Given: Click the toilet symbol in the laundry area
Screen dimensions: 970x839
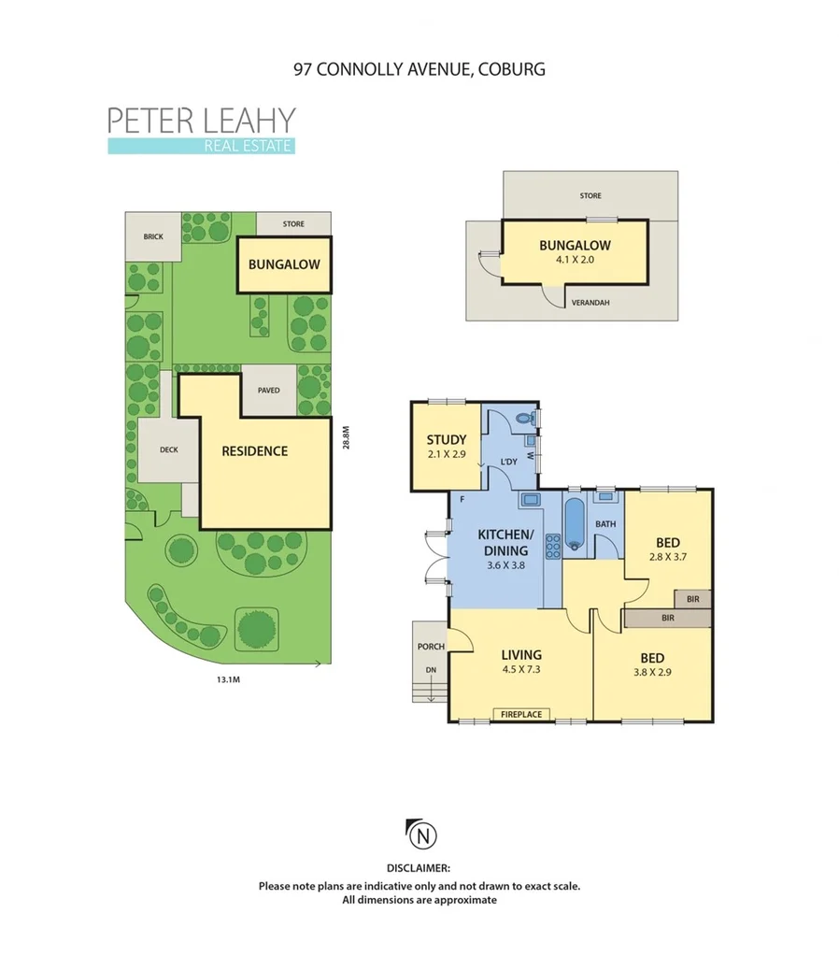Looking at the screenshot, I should pos(533,420).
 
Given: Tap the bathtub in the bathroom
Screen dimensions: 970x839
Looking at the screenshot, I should pos(575,526).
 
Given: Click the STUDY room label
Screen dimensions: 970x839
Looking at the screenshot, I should pos(447,441).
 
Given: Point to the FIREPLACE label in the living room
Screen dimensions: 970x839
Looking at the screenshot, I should pos(519,715).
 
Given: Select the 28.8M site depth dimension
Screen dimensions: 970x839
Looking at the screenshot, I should pos(345,437).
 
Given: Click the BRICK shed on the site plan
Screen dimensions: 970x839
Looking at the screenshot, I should pos(153,236).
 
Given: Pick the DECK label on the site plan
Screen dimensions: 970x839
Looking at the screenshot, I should pos(168,449).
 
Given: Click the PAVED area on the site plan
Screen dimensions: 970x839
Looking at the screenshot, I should pos(269,391).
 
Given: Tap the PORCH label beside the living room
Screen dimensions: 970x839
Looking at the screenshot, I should pos(430,646).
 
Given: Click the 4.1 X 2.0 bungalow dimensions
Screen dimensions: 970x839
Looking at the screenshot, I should pos(575,262).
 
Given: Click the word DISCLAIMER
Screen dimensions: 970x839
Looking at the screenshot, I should pos(419,868).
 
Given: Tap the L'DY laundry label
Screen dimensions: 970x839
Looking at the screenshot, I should pos(509,462).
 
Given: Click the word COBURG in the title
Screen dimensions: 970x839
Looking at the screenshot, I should pos(512,69).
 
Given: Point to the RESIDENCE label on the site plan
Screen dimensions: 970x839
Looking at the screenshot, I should pos(254,451).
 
